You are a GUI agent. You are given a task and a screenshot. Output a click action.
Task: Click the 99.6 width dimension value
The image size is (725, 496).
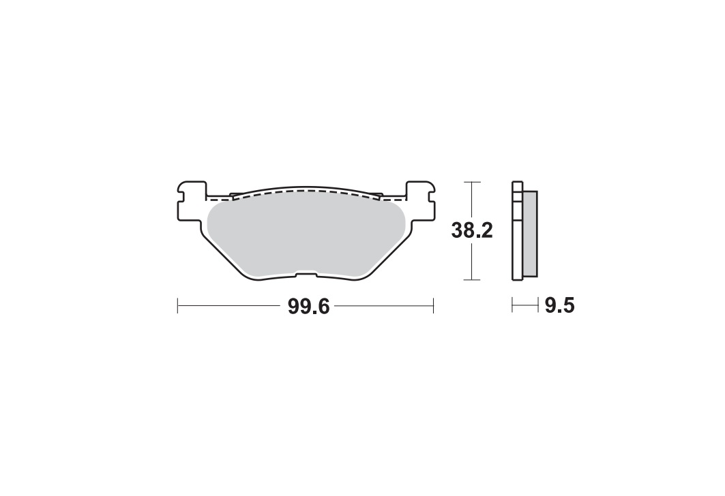(308, 306)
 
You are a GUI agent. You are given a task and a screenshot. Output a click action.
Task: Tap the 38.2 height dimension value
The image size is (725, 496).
(472, 230)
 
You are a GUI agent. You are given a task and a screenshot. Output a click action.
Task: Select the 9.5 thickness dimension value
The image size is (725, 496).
(559, 306)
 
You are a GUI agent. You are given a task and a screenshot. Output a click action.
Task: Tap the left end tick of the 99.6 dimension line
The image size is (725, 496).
(178, 306)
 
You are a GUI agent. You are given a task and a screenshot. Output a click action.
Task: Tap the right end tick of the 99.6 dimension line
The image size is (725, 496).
(433, 306)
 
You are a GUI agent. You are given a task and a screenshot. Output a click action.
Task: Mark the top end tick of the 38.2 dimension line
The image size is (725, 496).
(471, 183)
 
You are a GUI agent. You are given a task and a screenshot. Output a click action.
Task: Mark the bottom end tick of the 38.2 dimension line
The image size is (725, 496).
(471, 280)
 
